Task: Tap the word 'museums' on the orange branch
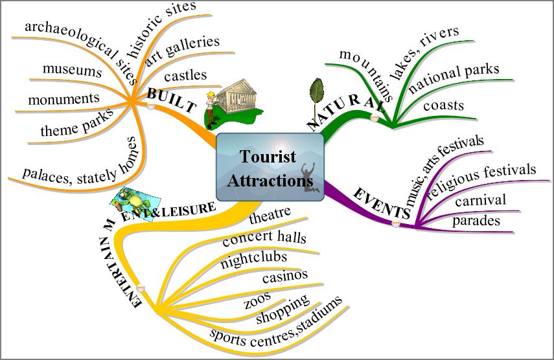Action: [72, 69]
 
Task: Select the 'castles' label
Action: [185, 76]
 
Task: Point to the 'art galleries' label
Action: [183, 50]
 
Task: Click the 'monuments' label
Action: [64, 99]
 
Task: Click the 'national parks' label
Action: [454, 77]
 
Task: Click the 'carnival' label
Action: [480, 201]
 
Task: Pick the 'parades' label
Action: [476, 221]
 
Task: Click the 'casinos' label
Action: [284, 276]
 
